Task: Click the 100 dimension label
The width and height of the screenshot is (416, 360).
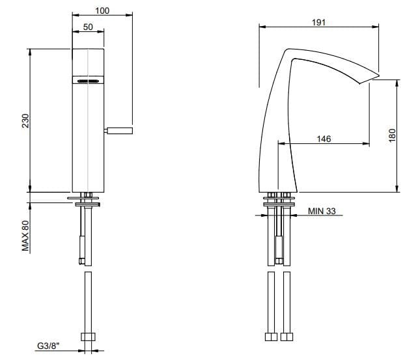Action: point(102,10)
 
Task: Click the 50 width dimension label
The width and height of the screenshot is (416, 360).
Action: point(88,27)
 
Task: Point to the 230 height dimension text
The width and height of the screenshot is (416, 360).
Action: point(25,120)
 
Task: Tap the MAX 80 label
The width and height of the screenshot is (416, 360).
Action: point(25,236)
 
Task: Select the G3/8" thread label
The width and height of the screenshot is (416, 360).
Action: point(48,346)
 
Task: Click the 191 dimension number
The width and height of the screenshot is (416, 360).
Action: point(318,22)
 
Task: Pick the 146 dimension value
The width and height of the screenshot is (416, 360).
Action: point(324,139)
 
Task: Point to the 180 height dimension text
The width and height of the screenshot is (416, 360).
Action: point(392,135)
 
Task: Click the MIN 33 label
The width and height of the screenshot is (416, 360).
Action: point(322,211)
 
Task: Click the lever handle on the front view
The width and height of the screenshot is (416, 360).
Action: point(118,130)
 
